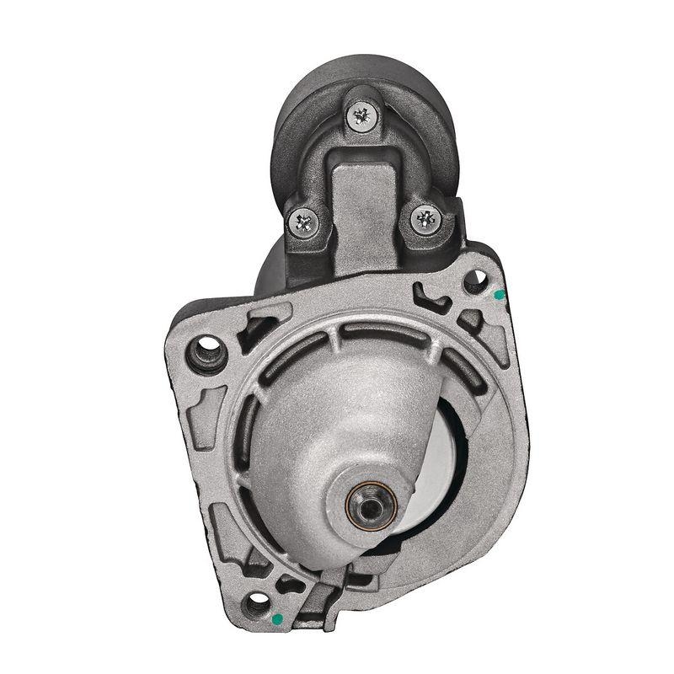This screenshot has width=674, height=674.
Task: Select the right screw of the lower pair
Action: pos(425,220)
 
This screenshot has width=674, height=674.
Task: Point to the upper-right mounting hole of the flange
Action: pos(476,279)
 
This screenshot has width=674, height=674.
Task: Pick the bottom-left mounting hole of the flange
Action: pos(253,605)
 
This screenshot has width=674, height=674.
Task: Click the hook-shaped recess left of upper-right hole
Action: pos(435,297)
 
